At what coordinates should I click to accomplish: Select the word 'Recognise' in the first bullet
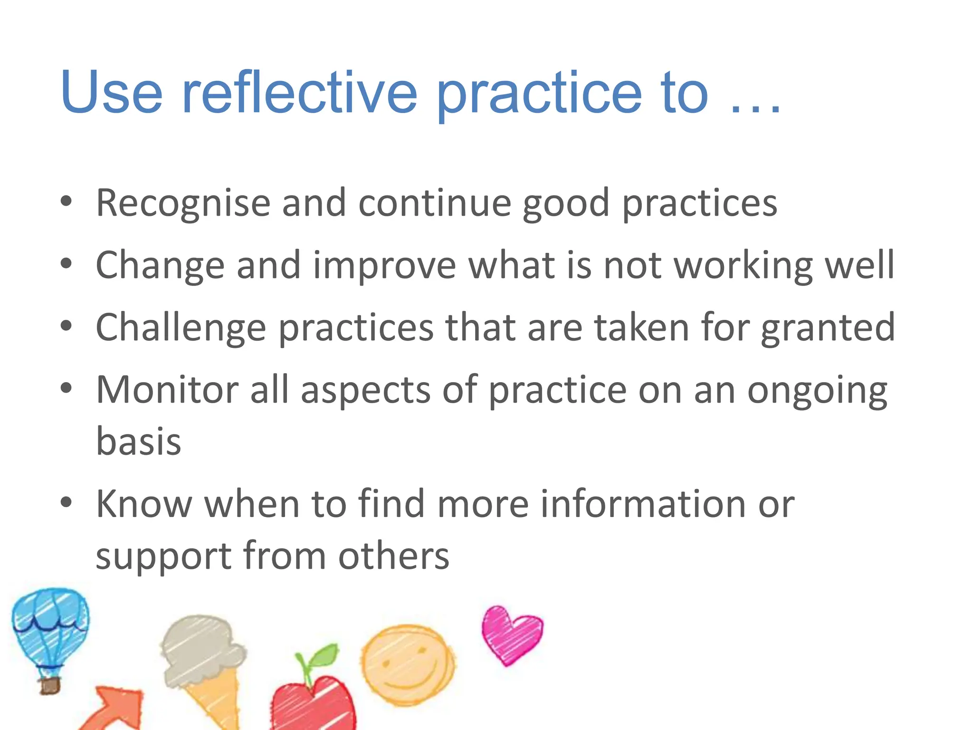pos(183,203)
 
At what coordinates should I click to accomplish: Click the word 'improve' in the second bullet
pos(384,265)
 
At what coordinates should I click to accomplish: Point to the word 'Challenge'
pos(181,328)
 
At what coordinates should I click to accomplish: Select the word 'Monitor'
pos(167,390)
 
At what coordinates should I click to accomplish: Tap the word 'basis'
pos(138,441)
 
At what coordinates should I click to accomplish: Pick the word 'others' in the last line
pos(393,556)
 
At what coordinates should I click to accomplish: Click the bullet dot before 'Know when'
pos(67,502)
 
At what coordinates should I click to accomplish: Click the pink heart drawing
pos(511,634)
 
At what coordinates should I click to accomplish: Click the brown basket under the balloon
pos(50,685)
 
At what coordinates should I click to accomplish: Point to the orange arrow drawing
pos(114,708)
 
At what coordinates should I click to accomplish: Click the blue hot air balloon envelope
pos(50,623)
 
